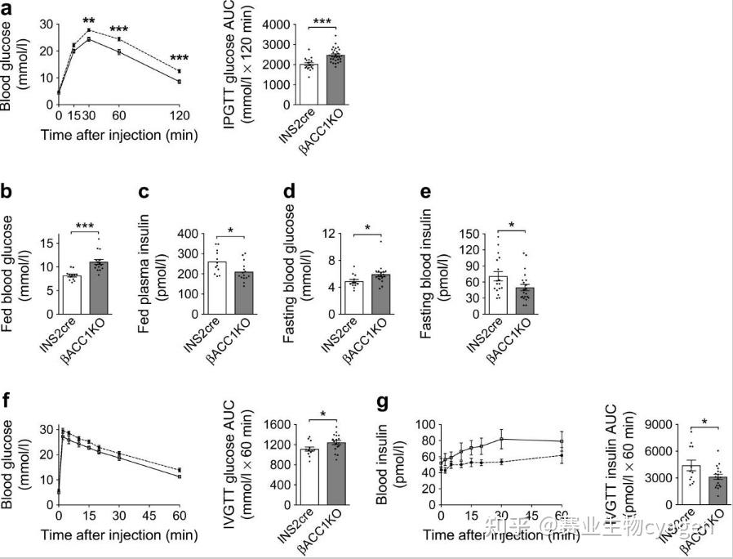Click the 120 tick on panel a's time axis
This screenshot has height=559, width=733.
pyautogui.click(x=179, y=116)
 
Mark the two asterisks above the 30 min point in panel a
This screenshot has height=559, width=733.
pyautogui.click(x=88, y=20)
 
